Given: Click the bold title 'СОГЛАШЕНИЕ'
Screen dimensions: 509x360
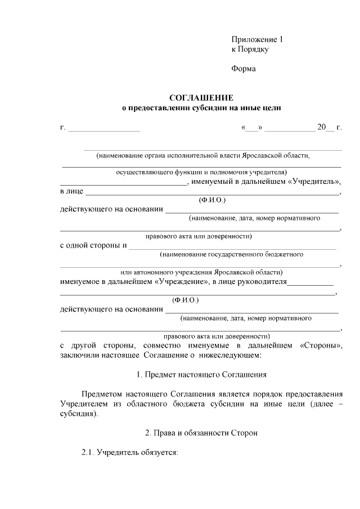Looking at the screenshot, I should (201, 97).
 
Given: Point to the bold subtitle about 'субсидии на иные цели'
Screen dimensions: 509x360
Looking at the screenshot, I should (201, 107).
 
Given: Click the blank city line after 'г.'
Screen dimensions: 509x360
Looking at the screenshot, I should (104, 129).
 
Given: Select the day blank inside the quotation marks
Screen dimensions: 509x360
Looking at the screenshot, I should (251, 128).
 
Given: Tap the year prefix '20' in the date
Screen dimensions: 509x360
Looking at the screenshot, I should (322, 128).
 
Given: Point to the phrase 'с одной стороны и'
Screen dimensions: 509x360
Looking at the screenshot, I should (93, 245).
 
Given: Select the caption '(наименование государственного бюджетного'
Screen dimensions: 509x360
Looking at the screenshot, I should (232, 254).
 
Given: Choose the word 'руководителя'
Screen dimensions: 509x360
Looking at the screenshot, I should (264, 281).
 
